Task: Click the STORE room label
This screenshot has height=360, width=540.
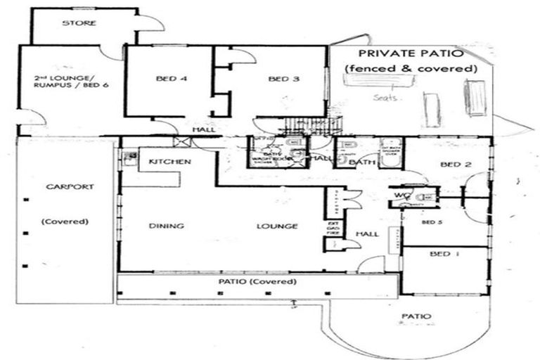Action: click(x=79, y=23)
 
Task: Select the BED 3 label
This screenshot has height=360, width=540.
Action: click(x=284, y=79)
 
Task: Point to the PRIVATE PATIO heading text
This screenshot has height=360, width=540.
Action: click(x=410, y=53)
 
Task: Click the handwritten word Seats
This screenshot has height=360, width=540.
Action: click(x=387, y=98)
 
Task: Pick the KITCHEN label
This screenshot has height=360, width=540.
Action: click(x=169, y=162)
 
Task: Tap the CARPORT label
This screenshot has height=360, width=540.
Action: click(x=65, y=188)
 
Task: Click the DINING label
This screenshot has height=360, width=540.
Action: click(x=166, y=226)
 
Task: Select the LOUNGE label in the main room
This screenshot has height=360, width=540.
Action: click(x=276, y=226)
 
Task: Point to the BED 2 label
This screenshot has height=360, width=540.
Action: click(x=455, y=165)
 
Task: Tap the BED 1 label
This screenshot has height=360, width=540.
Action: click(x=444, y=254)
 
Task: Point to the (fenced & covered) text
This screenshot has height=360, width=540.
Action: click(x=411, y=69)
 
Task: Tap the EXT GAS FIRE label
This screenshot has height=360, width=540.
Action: click(x=333, y=231)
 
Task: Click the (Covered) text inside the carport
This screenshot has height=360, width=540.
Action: click(x=65, y=221)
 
